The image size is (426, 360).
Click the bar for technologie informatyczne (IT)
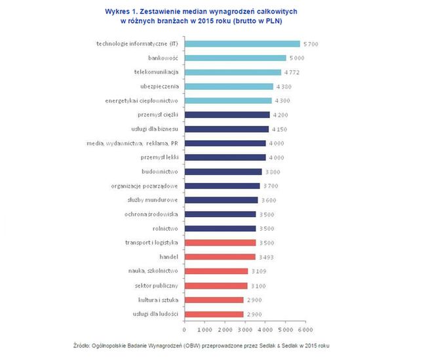pos(242,44)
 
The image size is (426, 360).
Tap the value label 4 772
pos(292,72)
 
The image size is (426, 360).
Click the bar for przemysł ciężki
pos(227,115)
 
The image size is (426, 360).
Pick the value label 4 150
pos(280,129)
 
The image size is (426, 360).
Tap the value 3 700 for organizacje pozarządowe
pos(271,186)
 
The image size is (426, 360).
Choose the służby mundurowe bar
pos(221,200)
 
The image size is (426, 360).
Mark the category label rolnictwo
pos(163,229)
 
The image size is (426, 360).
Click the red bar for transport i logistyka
pos(220,243)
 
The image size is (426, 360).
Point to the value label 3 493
pos(267,257)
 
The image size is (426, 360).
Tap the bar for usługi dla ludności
pos(214,314)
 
